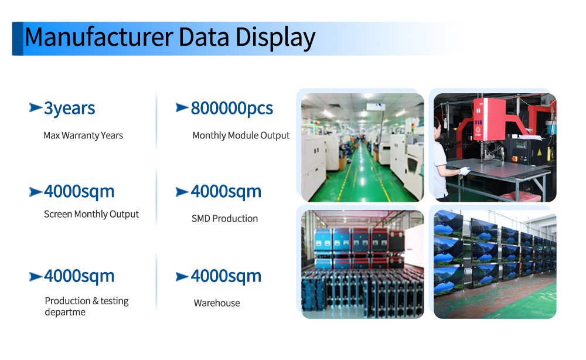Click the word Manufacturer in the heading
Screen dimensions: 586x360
(x=98, y=37)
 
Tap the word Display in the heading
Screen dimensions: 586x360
(x=275, y=39)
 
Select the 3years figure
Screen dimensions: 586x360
(x=69, y=108)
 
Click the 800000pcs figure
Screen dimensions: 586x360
(x=231, y=108)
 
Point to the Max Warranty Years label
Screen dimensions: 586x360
(x=83, y=135)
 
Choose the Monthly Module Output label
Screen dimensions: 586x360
(x=241, y=135)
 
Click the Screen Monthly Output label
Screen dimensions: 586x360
(x=91, y=214)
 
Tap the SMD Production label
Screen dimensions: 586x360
(x=224, y=218)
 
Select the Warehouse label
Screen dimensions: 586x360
(x=217, y=303)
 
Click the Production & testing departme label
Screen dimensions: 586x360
(x=86, y=306)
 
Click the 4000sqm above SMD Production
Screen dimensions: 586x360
(x=226, y=191)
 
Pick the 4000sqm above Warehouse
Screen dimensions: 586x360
(x=226, y=276)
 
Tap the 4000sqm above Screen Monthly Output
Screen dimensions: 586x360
(x=79, y=191)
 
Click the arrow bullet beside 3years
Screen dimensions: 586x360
(x=36, y=108)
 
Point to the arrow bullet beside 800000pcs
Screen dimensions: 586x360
(x=182, y=108)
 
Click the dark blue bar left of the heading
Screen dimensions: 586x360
(x=18, y=39)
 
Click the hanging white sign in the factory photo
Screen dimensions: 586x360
(x=376, y=107)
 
